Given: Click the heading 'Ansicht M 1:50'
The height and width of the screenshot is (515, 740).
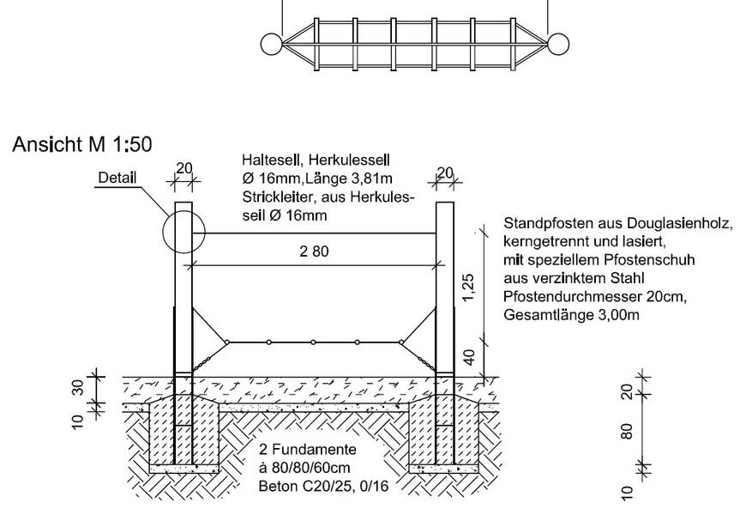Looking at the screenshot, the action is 82,144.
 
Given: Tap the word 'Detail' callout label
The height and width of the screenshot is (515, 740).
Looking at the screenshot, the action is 117,179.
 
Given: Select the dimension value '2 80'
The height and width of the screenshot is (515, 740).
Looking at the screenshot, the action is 315,251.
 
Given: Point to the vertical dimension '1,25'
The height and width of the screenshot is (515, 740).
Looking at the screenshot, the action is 469,287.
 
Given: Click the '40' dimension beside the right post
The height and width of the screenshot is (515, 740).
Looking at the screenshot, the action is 470,358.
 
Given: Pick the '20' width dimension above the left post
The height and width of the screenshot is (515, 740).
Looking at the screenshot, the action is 184,168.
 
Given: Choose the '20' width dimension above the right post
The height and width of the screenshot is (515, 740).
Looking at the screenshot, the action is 445,173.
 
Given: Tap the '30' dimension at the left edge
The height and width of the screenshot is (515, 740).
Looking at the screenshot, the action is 78,387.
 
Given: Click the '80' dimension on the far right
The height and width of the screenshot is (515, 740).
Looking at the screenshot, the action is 626,431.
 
